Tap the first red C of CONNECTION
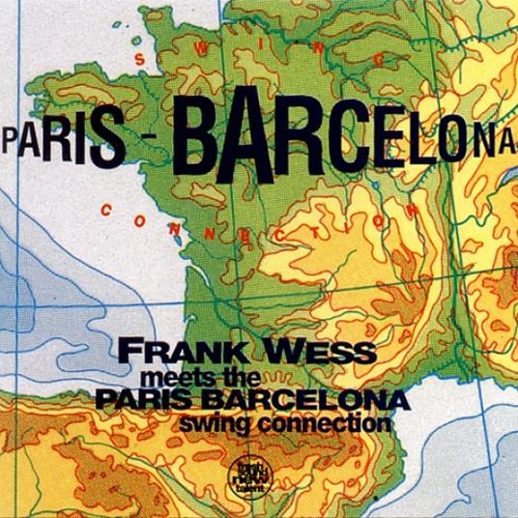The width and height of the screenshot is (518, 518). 106,206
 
